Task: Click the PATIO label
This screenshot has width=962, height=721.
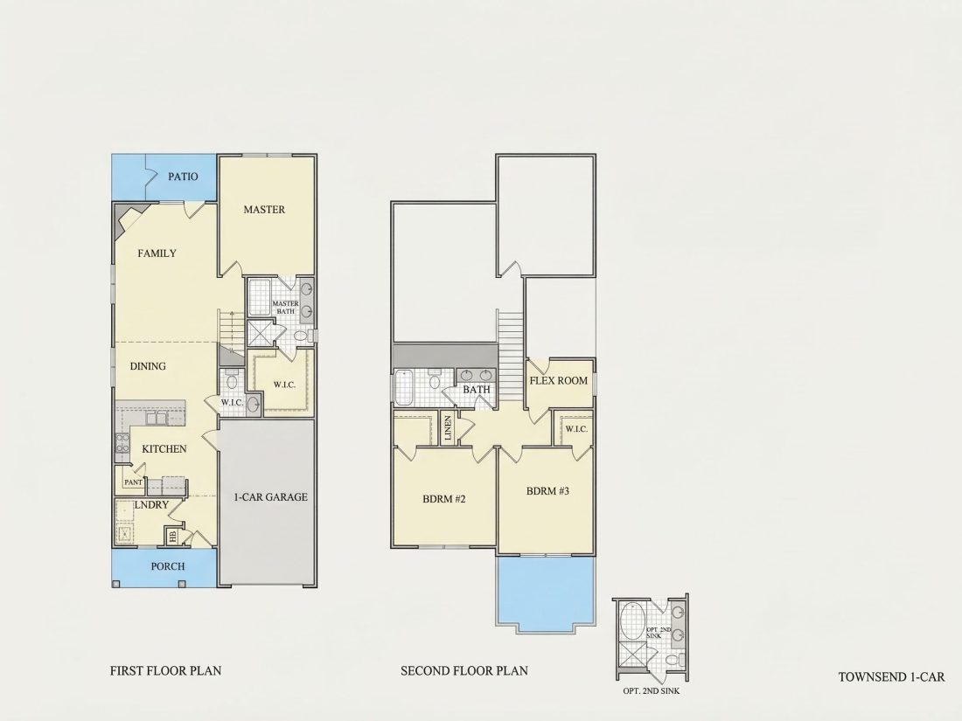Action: [183, 177]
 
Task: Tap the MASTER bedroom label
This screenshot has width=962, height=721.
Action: [264, 210]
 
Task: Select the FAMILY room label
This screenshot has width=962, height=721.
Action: [157, 253]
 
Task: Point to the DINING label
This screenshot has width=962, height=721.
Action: [148, 366]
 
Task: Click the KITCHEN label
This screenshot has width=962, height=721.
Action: [164, 449]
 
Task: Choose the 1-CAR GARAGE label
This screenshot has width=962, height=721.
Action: [270, 497]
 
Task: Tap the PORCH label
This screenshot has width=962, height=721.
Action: [168, 566]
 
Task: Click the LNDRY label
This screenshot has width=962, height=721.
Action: [151, 504]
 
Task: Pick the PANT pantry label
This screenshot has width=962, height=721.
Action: [133, 482]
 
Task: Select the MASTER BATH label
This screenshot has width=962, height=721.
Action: [285, 307]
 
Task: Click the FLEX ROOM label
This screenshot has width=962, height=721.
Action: [558, 381]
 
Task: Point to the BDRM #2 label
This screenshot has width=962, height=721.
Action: [443, 499]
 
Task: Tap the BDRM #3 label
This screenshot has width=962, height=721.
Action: [547, 491]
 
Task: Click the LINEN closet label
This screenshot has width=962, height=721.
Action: [448, 428]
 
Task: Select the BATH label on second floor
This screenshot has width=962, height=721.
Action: [476, 389]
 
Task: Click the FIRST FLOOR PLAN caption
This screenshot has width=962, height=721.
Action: [165, 670]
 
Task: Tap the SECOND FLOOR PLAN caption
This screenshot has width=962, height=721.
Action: [464, 670]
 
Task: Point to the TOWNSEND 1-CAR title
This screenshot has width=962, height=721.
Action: [891, 676]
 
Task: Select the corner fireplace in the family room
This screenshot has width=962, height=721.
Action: [126, 218]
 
